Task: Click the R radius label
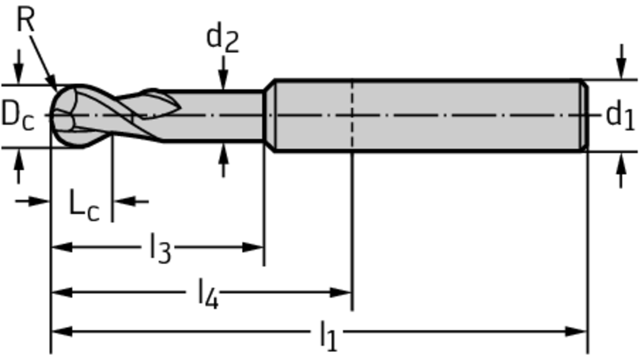(26, 20)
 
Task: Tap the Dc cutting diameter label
(17, 116)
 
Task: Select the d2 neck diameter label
(222, 39)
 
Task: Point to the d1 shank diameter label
(619, 115)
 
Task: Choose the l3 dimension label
(160, 248)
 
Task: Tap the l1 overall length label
(327, 335)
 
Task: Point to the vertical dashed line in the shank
(352, 116)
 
